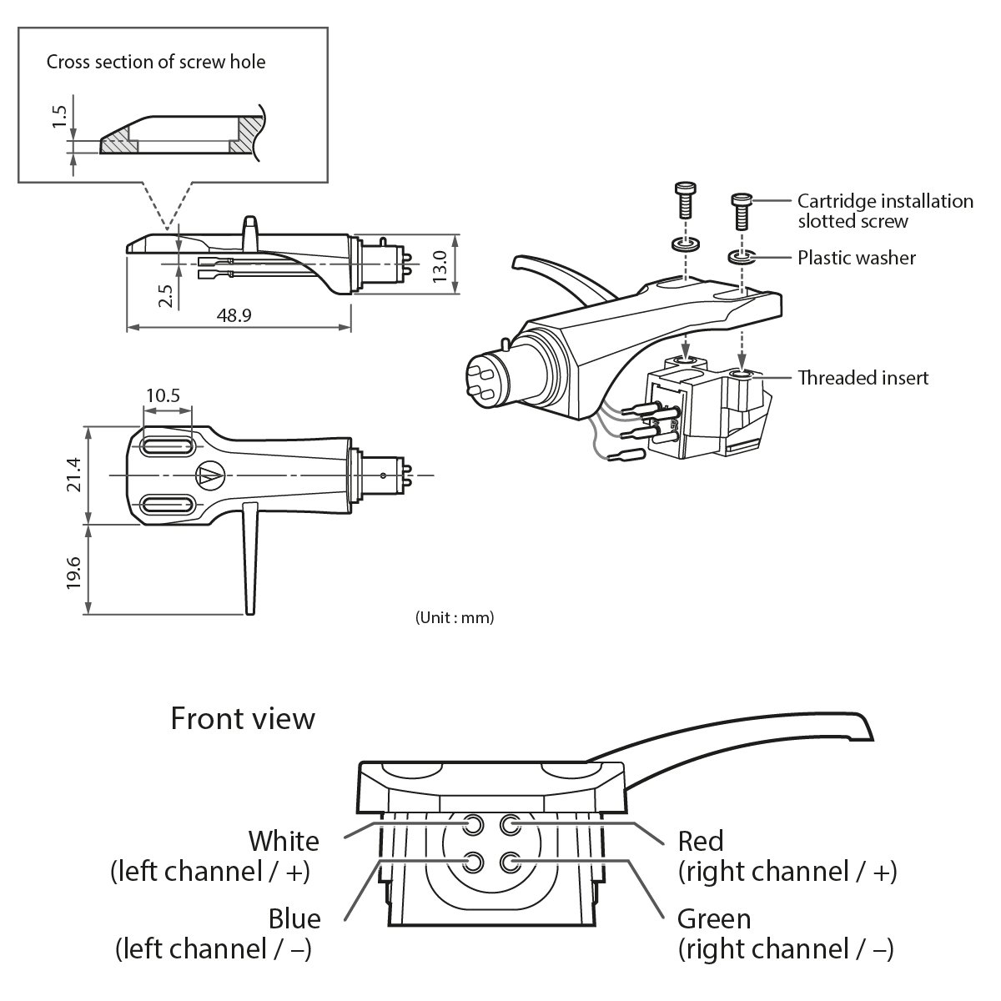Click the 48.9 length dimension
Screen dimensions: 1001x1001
pyautogui.click(x=234, y=315)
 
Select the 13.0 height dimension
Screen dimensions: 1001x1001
pyautogui.click(x=441, y=264)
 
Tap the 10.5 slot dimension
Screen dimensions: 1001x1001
pyautogui.click(x=163, y=395)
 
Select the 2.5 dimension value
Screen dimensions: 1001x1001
pyautogui.click(x=164, y=295)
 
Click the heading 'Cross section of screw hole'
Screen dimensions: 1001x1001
pyautogui.click(x=156, y=62)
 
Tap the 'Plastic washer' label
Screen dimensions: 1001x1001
pyautogui.click(x=856, y=258)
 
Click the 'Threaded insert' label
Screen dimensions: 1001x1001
pyautogui.click(x=863, y=378)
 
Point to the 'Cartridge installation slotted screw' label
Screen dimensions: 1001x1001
pyautogui.click(x=884, y=211)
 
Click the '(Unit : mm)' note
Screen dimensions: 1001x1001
pyautogui.click(x=455, y=618)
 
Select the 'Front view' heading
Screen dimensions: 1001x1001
pyautogui.click(x=243, y=718)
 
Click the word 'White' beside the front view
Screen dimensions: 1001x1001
pyautogui.click(x=284, y=840)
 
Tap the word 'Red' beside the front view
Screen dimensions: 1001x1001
pyautogui.click(x=701, y=840)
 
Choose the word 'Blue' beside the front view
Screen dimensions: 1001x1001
pyautogui.click(x=294, y=918)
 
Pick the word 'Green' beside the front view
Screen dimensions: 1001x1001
pyautogui.click(x=714, y=918)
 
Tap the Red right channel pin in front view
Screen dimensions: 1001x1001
pyautogui.click(x=510, y=825)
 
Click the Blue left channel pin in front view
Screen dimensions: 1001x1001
pyautogui.click(x=475, y=861)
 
